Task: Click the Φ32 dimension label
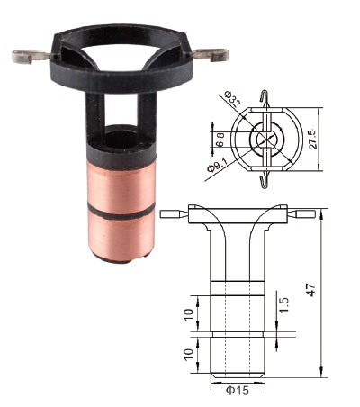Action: tap(232, 98)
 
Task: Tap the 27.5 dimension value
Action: tap(313, 140)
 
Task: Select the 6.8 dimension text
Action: tap(220, 140)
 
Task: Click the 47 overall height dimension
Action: tap(311, 290)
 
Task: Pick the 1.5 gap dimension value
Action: tap(283, 305)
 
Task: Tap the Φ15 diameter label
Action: tap(238, 391)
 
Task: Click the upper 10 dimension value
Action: tap(189, 315)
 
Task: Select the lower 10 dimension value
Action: tap(189, 356)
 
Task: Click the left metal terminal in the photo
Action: tap(31, 57)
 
